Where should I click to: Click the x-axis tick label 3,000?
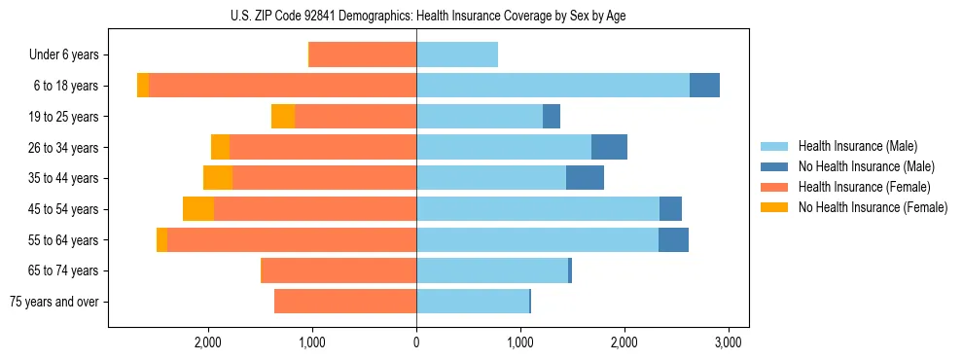729,342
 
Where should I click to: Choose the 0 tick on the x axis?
416,342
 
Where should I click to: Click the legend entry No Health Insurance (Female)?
873,207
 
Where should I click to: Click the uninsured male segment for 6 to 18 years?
704,86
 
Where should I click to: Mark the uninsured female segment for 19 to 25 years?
283,117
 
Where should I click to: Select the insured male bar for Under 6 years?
457,54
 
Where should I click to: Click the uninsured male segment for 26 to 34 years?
609,147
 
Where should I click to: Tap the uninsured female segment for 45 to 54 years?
198,209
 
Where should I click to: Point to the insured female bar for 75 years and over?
345,302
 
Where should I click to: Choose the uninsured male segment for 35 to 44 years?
585,178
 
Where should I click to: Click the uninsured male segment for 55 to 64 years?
673,239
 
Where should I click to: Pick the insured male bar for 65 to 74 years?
492,270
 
